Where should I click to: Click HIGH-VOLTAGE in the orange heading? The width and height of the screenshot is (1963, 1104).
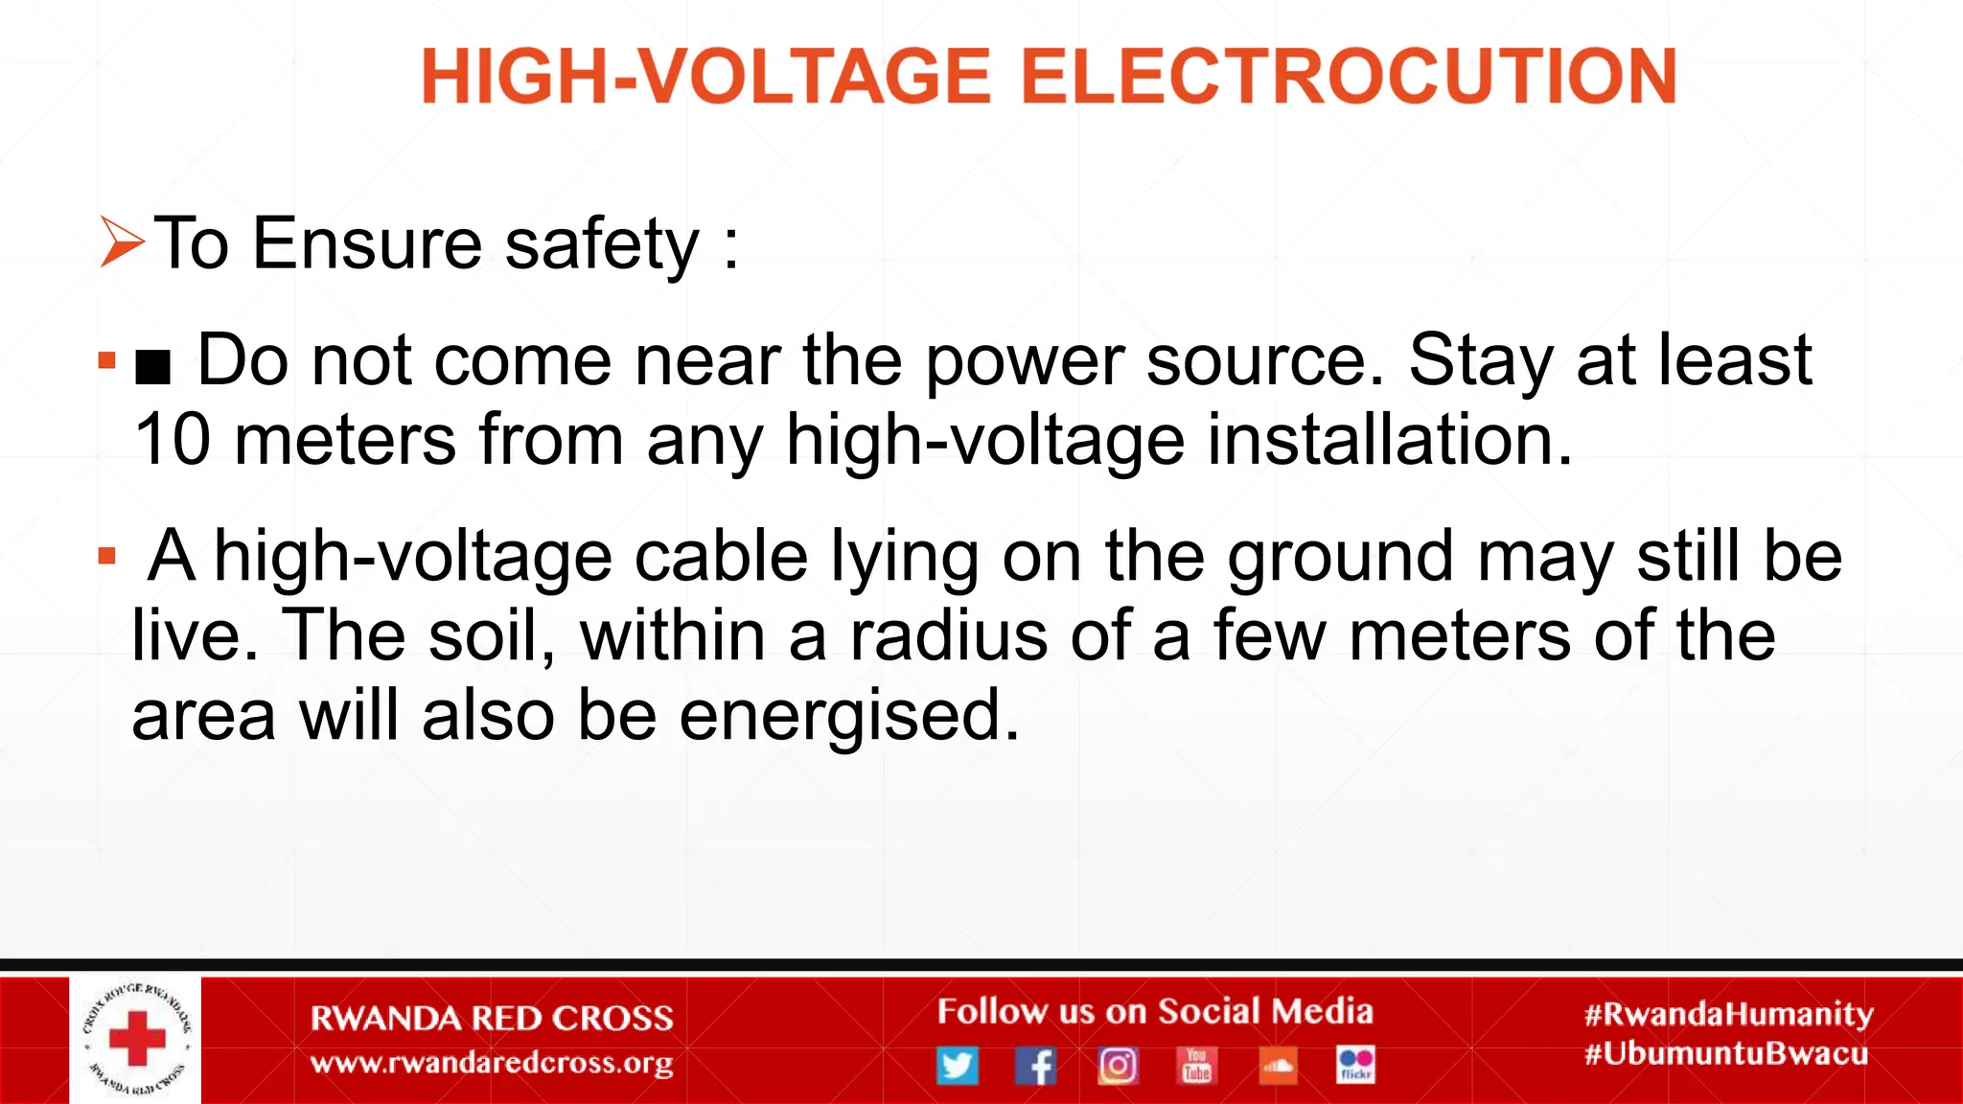(705, 77)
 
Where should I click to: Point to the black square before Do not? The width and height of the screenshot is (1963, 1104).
(153, 365)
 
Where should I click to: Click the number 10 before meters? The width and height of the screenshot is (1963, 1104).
(173, 440)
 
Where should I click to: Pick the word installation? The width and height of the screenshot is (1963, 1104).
(1389, 440)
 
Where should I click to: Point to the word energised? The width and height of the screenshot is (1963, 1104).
(849, 716)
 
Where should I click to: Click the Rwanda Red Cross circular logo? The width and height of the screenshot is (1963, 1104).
(136, 1040)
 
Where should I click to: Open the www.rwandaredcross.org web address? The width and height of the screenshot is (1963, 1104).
(492, 1063)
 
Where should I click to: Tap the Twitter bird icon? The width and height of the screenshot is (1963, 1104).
(957, 1065)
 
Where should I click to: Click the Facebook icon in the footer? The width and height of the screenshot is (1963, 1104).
(1036, 1065)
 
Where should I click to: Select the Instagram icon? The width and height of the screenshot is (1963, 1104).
(1118, 1065)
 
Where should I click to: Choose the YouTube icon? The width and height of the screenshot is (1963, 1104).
(1197, 1065)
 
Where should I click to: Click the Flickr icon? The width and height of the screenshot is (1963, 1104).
(1355, 1065)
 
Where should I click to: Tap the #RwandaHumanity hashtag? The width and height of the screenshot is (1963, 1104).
(1728, 1014)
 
